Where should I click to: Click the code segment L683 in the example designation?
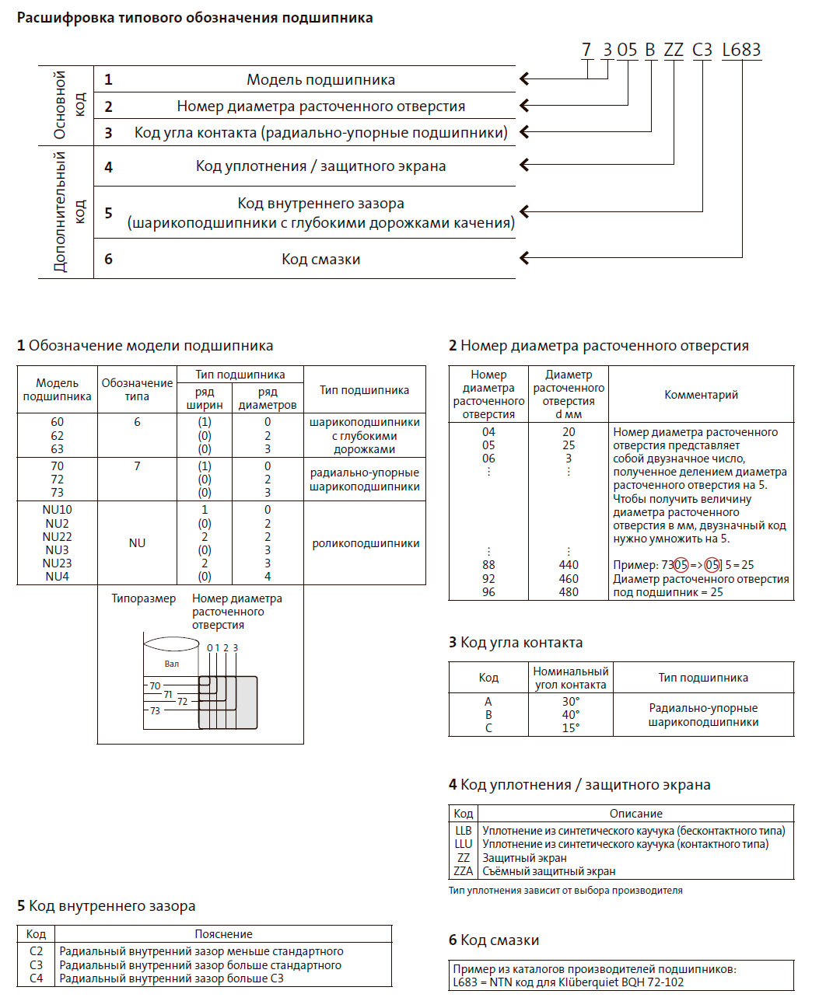point(740,50)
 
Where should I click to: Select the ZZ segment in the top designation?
point(674,50)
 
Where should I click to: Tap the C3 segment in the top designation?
point(702,50)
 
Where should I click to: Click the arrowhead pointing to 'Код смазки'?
point(525,257)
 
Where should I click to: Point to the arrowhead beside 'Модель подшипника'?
point(525,78)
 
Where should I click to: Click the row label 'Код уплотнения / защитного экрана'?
point(320,166)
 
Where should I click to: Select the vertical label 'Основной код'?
point(68,105)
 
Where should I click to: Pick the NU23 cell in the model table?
point(58,563)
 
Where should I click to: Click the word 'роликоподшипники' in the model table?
point(366,543)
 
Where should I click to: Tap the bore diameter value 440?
point(569,565)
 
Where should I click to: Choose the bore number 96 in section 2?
point(488,592)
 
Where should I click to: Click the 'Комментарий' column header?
point(701,395)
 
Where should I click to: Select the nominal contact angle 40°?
point(571,715)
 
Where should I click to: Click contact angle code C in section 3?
point(488,728)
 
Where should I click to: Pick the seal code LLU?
point(464,844)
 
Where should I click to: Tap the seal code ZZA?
point(464,871)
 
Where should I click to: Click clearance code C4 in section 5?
point(37,978)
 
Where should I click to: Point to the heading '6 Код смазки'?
point(494,940)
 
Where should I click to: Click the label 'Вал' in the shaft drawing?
point(172,664)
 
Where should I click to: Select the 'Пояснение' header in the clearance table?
point(224,934)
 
